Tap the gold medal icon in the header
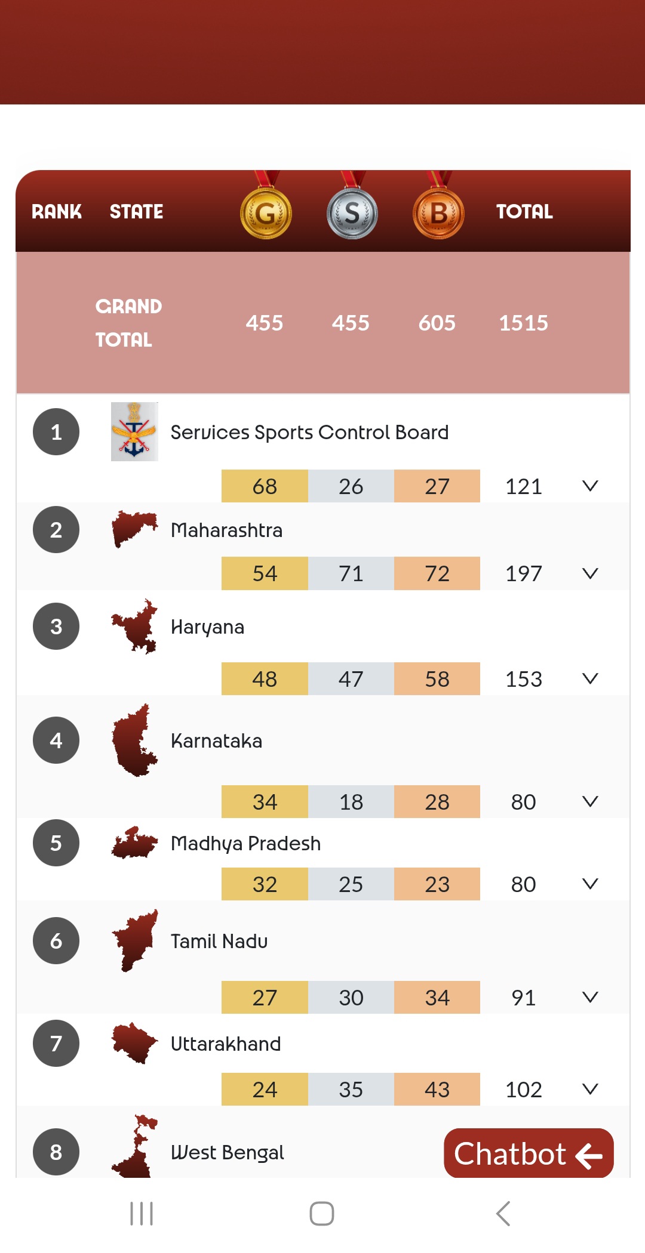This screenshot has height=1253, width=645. tap(266, 214)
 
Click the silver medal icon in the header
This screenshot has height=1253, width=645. tap(352, 214)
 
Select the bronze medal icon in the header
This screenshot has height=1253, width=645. tap(438, 214)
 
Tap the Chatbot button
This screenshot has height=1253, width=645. tap(529, 1153)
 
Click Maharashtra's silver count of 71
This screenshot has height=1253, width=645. tap(351, 573)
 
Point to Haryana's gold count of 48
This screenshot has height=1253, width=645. tap(265, 679)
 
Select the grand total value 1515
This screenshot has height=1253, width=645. tap(523, 323)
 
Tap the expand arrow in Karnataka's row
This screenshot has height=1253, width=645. tap(590, 801)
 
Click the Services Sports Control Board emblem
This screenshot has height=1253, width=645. tap(134, 431)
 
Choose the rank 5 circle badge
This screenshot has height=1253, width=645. tap(56, 843)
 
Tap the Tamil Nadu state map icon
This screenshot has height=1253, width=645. tap(135, 941)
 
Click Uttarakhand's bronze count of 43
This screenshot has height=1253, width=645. tap(437, 1090)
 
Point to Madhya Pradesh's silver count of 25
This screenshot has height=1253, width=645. tap(351, 884)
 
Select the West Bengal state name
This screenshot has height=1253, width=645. tap(228, 1152)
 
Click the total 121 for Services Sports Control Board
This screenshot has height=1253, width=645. tap(523, 486)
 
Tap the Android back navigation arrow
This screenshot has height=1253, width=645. tap(503, 1214)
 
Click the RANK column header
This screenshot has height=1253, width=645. tap(57, 211)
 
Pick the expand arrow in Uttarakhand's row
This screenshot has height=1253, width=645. tap(590, 1089)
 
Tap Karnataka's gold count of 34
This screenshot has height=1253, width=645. tap(265, 802)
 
